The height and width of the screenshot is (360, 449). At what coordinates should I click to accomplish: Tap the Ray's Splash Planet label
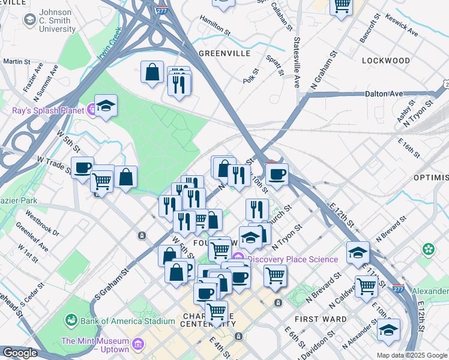click(x=48, y=110)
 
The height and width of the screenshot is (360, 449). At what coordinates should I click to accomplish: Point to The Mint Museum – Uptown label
click(x=95, y=345)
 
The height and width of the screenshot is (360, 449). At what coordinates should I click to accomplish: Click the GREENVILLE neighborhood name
click(x=224, y=53)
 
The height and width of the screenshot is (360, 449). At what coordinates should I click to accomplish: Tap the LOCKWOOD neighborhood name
click(x=386, y=61)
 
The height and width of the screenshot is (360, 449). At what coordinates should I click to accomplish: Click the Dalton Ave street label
click(x=384, y=94)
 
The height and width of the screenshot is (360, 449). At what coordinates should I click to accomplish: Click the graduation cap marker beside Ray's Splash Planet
click(x=106, y=106)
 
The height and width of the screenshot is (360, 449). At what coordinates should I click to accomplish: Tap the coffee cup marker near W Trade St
click(x=82, y=167)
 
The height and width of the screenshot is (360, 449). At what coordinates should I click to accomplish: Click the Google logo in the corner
click(x=20, y=353)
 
